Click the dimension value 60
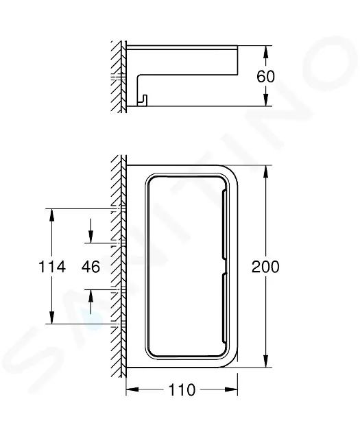(265, 76)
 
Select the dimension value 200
(265, 267)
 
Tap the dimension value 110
(182, 390)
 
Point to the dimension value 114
(52, 267)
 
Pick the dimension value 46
(91, 267)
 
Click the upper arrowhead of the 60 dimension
(265, 52)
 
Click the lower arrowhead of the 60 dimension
(265, 99)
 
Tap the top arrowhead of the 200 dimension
(265, 171)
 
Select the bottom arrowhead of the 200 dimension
(265, 361)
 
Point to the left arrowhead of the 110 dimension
(132, 389)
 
